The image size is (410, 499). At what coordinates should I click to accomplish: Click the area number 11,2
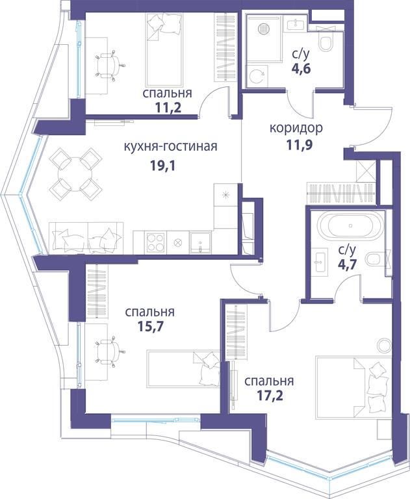coord(168,108)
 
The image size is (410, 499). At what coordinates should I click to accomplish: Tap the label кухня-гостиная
coord(170,147)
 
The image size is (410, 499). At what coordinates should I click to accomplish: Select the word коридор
coord(296,128)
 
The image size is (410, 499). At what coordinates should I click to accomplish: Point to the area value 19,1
coord(162,166)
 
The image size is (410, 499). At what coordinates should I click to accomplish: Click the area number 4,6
coord(301,68)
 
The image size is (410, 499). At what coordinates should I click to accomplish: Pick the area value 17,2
coord(270,395)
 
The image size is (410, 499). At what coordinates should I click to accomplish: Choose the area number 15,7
coord(150,326)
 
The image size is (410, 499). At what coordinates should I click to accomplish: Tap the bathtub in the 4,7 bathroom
coord(350,225)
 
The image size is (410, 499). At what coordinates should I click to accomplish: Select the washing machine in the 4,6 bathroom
coord(257,76)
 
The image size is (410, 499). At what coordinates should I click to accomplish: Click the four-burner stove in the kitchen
coord(155,243)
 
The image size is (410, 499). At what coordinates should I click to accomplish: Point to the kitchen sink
coord(200,243)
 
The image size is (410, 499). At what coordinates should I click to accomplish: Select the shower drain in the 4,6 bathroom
coord(263,29)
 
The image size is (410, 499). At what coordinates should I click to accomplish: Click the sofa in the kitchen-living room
coord(86,238)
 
